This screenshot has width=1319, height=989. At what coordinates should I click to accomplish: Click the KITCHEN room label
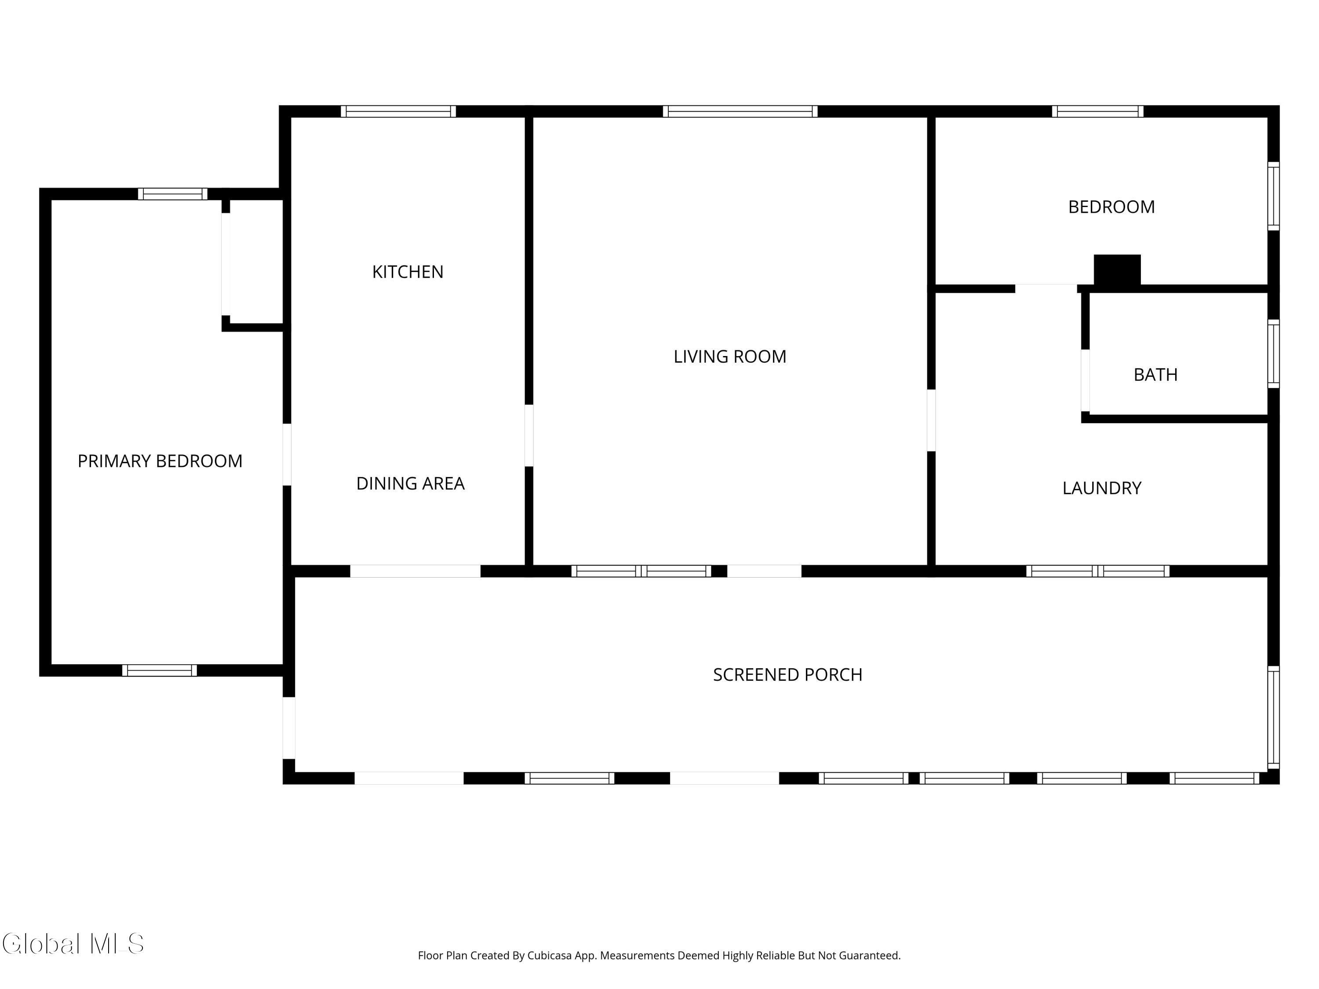click(x=408, y=272)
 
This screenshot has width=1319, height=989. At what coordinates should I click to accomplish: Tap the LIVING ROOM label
click(x=730, y=356)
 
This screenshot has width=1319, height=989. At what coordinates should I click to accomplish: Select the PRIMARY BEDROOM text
click(x=160, y=461)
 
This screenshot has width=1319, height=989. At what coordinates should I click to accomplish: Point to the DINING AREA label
click(x=410, y=484)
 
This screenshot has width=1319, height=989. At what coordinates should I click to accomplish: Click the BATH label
click(x=1155, y=375)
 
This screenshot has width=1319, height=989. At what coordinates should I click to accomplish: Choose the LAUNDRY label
click(x=1102, y=488)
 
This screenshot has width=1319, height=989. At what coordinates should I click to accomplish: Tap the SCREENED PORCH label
click(x=788, y=674)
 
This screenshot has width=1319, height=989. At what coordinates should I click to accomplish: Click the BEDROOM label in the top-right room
click(x=1111, y=207)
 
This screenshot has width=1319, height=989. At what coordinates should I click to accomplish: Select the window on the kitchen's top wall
click(x=398, y=112)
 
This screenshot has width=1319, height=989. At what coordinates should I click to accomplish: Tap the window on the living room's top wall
click(x=740, y=112)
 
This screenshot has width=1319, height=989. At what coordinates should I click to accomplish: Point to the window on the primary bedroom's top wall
click(x=173, y=194)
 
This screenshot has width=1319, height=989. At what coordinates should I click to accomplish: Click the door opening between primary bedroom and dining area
click(x=287, y=454)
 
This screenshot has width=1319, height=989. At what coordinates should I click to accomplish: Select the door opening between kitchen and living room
click(x=529, y=435)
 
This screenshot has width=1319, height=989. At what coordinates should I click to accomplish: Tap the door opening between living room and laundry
click(x=931, y=420)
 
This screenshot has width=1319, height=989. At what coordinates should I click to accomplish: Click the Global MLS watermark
click(x=73, y=944)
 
